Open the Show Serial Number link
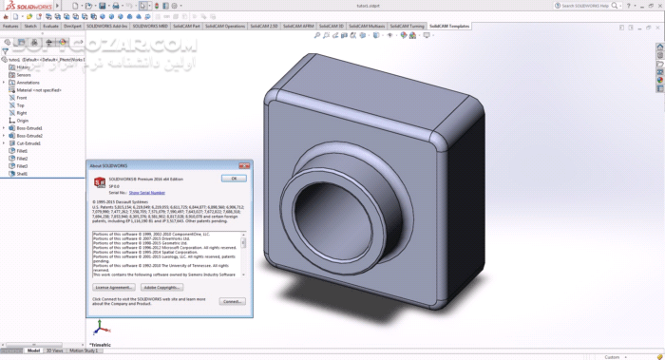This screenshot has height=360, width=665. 146,192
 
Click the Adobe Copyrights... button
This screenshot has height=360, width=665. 161,286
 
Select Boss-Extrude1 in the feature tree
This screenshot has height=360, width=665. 28,128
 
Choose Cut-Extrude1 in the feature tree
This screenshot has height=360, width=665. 28,142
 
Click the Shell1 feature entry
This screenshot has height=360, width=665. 22,173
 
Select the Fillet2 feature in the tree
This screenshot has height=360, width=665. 22,158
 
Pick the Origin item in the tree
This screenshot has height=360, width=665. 22,121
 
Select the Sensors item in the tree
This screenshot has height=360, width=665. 24,75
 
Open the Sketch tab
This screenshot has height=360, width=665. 30,27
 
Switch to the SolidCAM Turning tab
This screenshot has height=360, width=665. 406,27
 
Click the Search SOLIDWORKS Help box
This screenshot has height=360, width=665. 608,6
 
